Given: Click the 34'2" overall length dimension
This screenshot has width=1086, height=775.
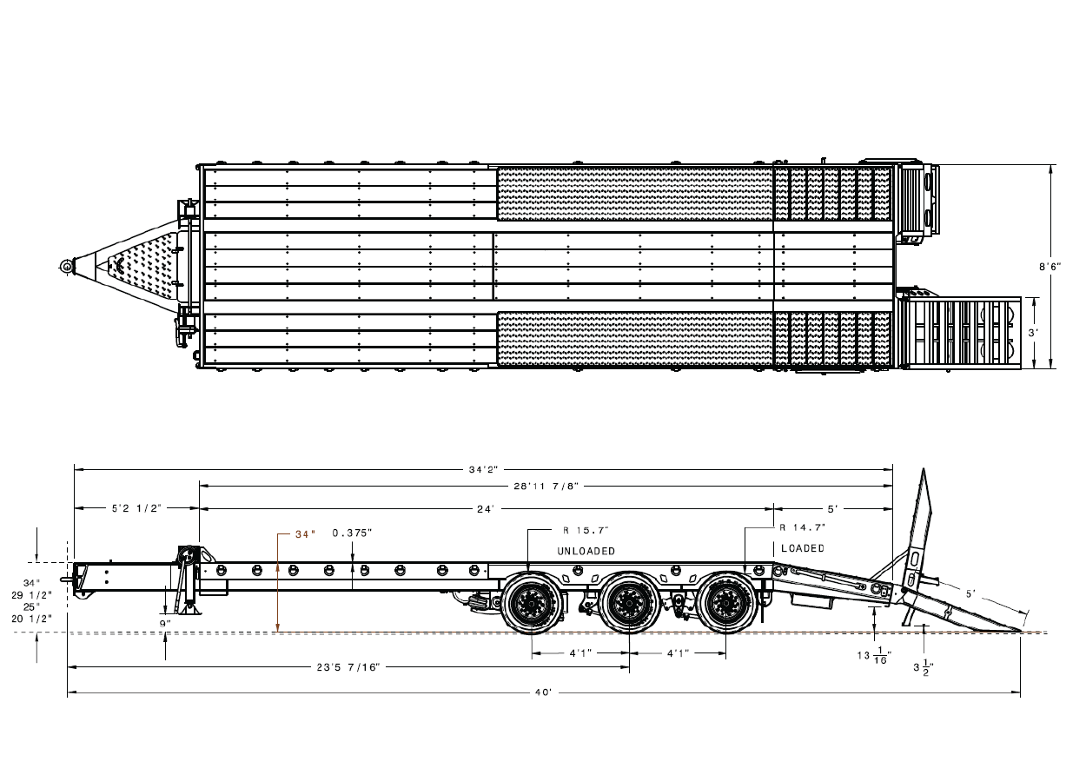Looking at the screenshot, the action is (483, 469).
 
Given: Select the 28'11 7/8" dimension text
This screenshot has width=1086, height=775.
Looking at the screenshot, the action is (546, 486).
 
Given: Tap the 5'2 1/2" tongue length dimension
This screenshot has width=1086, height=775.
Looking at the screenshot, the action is (136, 508).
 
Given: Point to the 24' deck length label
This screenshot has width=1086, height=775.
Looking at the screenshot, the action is (486, 509).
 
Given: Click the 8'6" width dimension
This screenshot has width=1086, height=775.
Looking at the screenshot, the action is (1050, 266).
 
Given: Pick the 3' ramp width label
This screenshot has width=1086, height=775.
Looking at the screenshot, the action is (1033, 333).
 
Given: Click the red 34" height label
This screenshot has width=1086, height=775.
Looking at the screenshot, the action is (306, 534).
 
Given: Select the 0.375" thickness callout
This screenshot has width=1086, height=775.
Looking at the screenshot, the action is (352, 533).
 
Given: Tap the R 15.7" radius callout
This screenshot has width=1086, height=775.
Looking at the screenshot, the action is (586, 531).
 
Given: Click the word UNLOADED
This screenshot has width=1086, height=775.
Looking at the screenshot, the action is (586, 552).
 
